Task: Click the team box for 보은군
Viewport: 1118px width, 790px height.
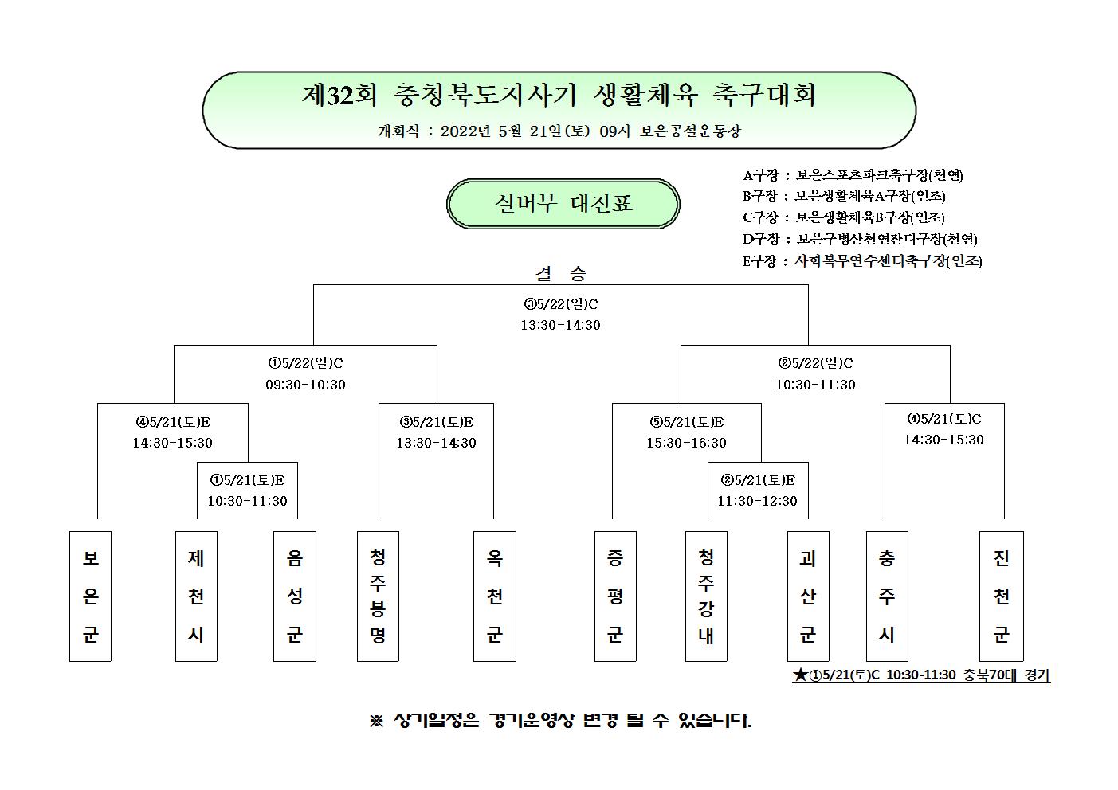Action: point(90,596)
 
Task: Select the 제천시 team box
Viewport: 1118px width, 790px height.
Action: point(196,596)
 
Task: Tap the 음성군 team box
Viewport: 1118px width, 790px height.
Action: point(295,596)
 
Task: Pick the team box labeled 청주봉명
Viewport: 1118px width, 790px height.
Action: point(378,596)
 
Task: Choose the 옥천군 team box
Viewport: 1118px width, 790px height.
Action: point(495,596)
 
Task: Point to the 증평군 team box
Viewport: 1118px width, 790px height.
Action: point(615,596)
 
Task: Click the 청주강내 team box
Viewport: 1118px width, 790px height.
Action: point(706,596)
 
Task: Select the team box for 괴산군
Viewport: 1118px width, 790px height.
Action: point(808,596)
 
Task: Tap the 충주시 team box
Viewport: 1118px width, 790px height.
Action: point(887,596)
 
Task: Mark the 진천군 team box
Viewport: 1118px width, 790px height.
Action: point(1001,596)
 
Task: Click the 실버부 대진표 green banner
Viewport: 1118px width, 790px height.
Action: point(563,204)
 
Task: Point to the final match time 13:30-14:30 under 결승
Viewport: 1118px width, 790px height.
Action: point(560,325)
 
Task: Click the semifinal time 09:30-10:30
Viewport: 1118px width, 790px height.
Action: point(305,385)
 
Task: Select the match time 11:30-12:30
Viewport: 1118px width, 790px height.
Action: point(757,501)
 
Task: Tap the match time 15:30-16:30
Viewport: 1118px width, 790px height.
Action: point(686,443)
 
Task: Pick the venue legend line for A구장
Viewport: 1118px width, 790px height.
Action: point(853,175)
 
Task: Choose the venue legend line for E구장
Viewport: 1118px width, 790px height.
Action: point(862,261)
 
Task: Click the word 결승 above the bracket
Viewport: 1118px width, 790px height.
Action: point(561,273)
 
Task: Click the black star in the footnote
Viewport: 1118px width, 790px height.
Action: point(800,675)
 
